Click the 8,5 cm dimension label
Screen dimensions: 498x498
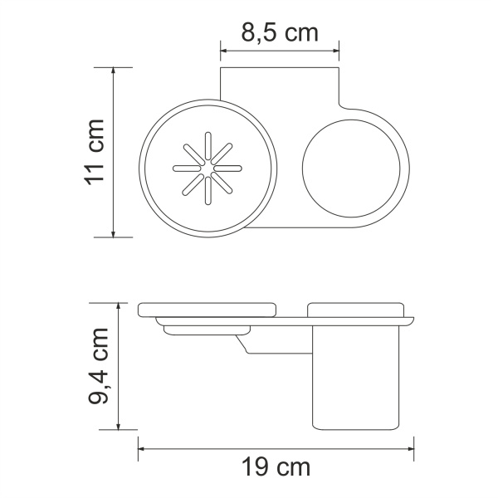point(280,34)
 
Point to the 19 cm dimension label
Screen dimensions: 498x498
point(276,467)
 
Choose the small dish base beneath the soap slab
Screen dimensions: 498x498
point(203,331)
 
